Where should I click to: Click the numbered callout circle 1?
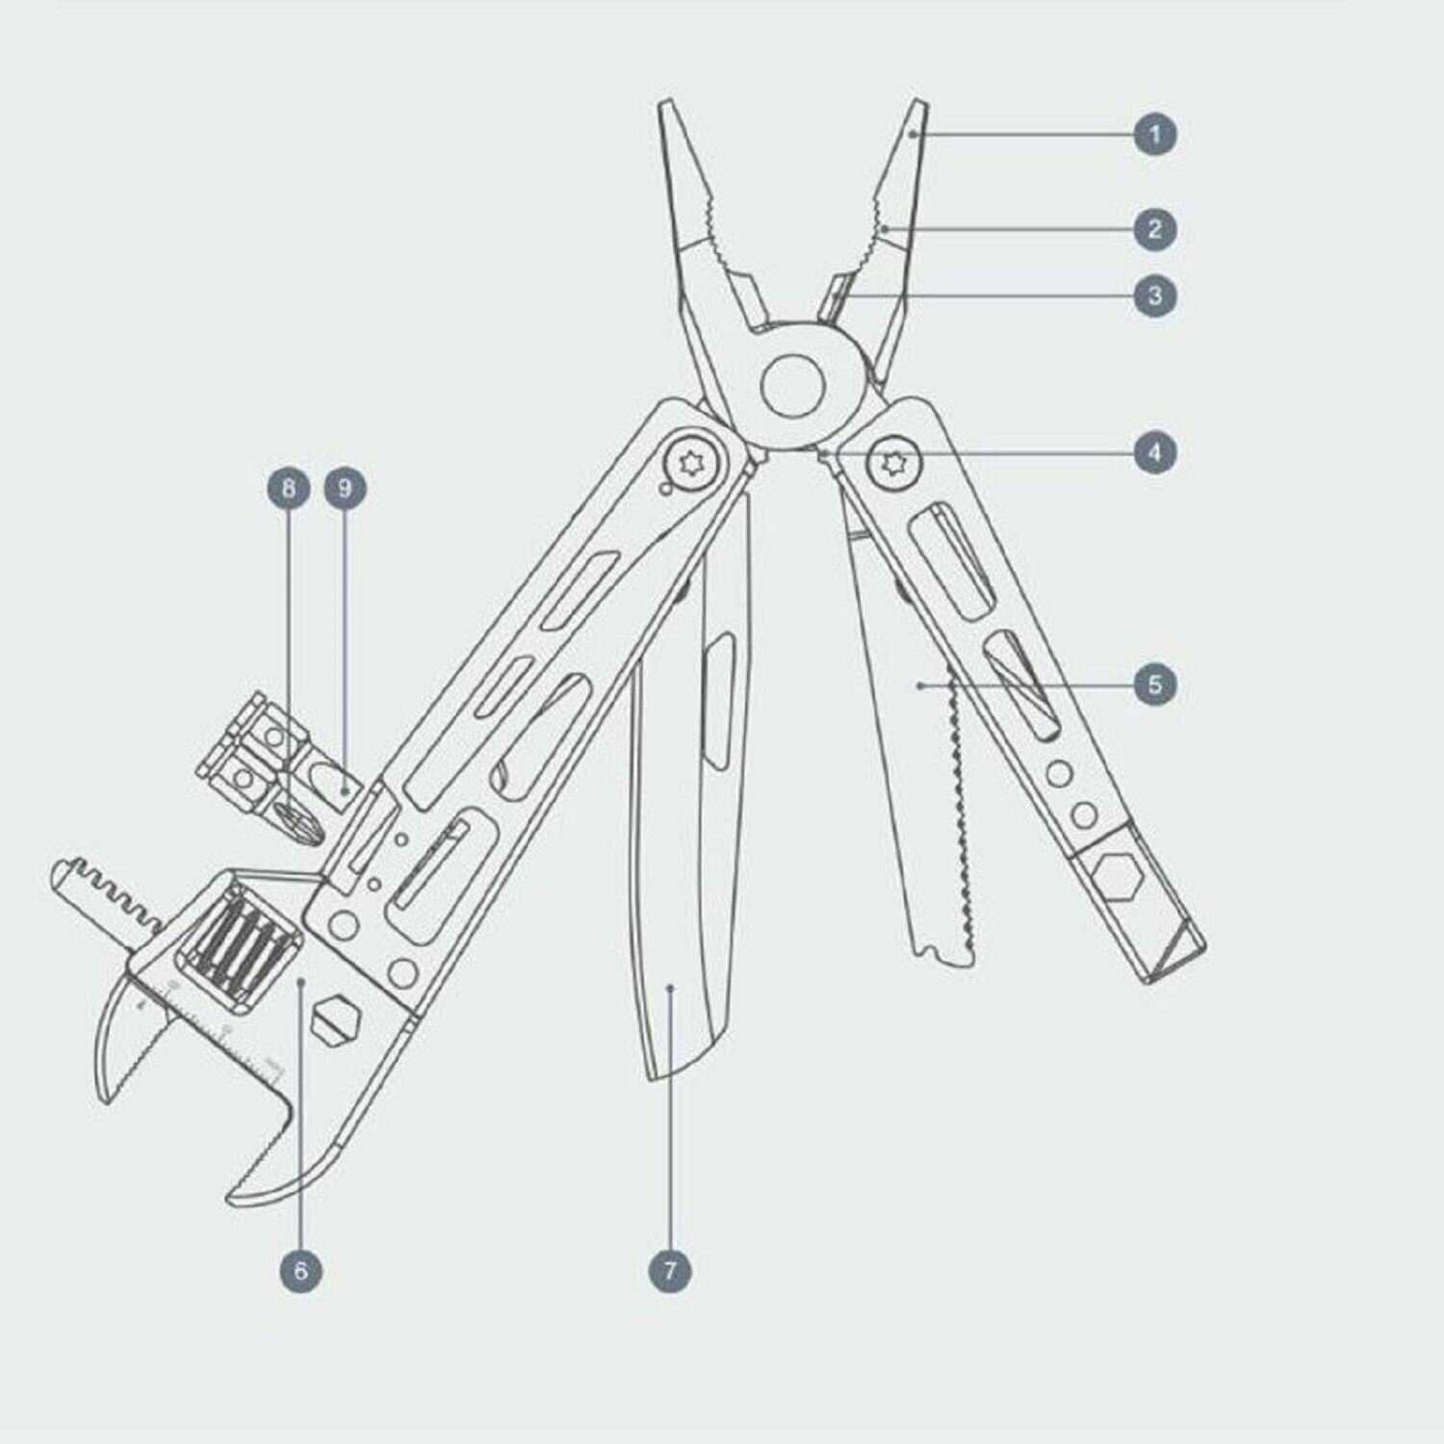pos(1155,134)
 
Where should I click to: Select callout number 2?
pos(1155,229)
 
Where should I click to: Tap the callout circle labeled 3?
pos(1155,295)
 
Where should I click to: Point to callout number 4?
pos(1155,451)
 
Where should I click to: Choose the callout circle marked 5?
pos(1155,684)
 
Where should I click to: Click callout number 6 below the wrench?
pos(300,1271)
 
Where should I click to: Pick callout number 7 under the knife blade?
pos(670,1271)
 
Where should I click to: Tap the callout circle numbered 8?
pos(289,488)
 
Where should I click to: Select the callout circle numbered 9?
pos(346,488)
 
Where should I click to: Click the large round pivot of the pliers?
pos(794,386)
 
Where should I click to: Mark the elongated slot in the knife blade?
pos(717,701)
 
